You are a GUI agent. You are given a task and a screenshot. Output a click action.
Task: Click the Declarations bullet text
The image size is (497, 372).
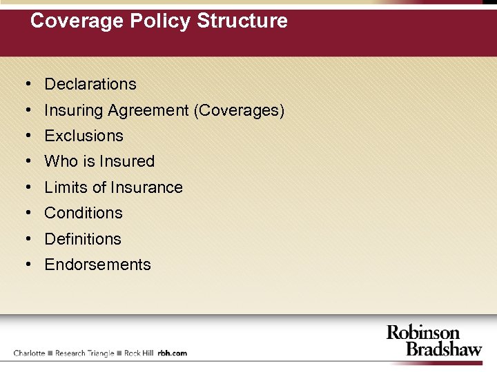(90, 85)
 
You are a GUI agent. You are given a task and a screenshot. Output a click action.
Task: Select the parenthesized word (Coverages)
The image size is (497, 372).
(240, 110)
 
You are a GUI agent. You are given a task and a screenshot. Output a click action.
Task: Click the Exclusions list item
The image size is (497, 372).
(84, 136)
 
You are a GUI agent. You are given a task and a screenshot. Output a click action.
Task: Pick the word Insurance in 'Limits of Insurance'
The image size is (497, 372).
(148, 187)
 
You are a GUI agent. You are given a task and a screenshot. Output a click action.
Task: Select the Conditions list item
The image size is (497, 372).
(84, 214)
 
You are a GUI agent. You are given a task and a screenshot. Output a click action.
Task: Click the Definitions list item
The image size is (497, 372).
(83, 239)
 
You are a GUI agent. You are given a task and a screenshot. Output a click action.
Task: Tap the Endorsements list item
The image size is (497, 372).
(97, 265)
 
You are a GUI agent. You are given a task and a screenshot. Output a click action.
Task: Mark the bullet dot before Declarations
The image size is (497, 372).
(26, 85)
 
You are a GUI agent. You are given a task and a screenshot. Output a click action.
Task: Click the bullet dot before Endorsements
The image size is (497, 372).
(26, 265)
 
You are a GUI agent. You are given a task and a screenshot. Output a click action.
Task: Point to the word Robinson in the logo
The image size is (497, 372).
(422, 333)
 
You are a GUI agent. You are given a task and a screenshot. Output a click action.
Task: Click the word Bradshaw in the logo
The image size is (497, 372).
(444, 349)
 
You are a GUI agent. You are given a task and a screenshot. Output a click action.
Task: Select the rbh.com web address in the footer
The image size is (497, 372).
(173, 353)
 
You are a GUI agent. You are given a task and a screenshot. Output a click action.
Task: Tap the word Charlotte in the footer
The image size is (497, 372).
(29, 353)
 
